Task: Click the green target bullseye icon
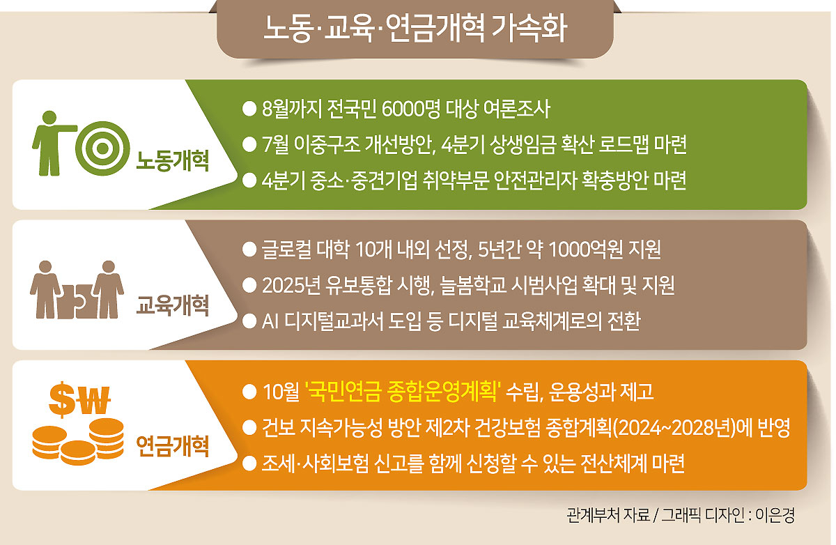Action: [x=102, y=148]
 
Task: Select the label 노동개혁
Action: [x=172, y=160]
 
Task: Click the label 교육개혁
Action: [x=172, y=305]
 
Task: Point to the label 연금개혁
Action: [x=172, y=446]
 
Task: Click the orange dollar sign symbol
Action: [x=63, y=399]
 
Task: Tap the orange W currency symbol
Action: [x=93, y=400]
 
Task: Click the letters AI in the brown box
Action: [x=270, y=321]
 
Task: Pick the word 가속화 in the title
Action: [x=530, y=29]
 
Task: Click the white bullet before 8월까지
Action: [x=249, y=109]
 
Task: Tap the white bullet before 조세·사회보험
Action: [x=249, y=463]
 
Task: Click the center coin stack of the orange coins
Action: [x=78, y=452]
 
